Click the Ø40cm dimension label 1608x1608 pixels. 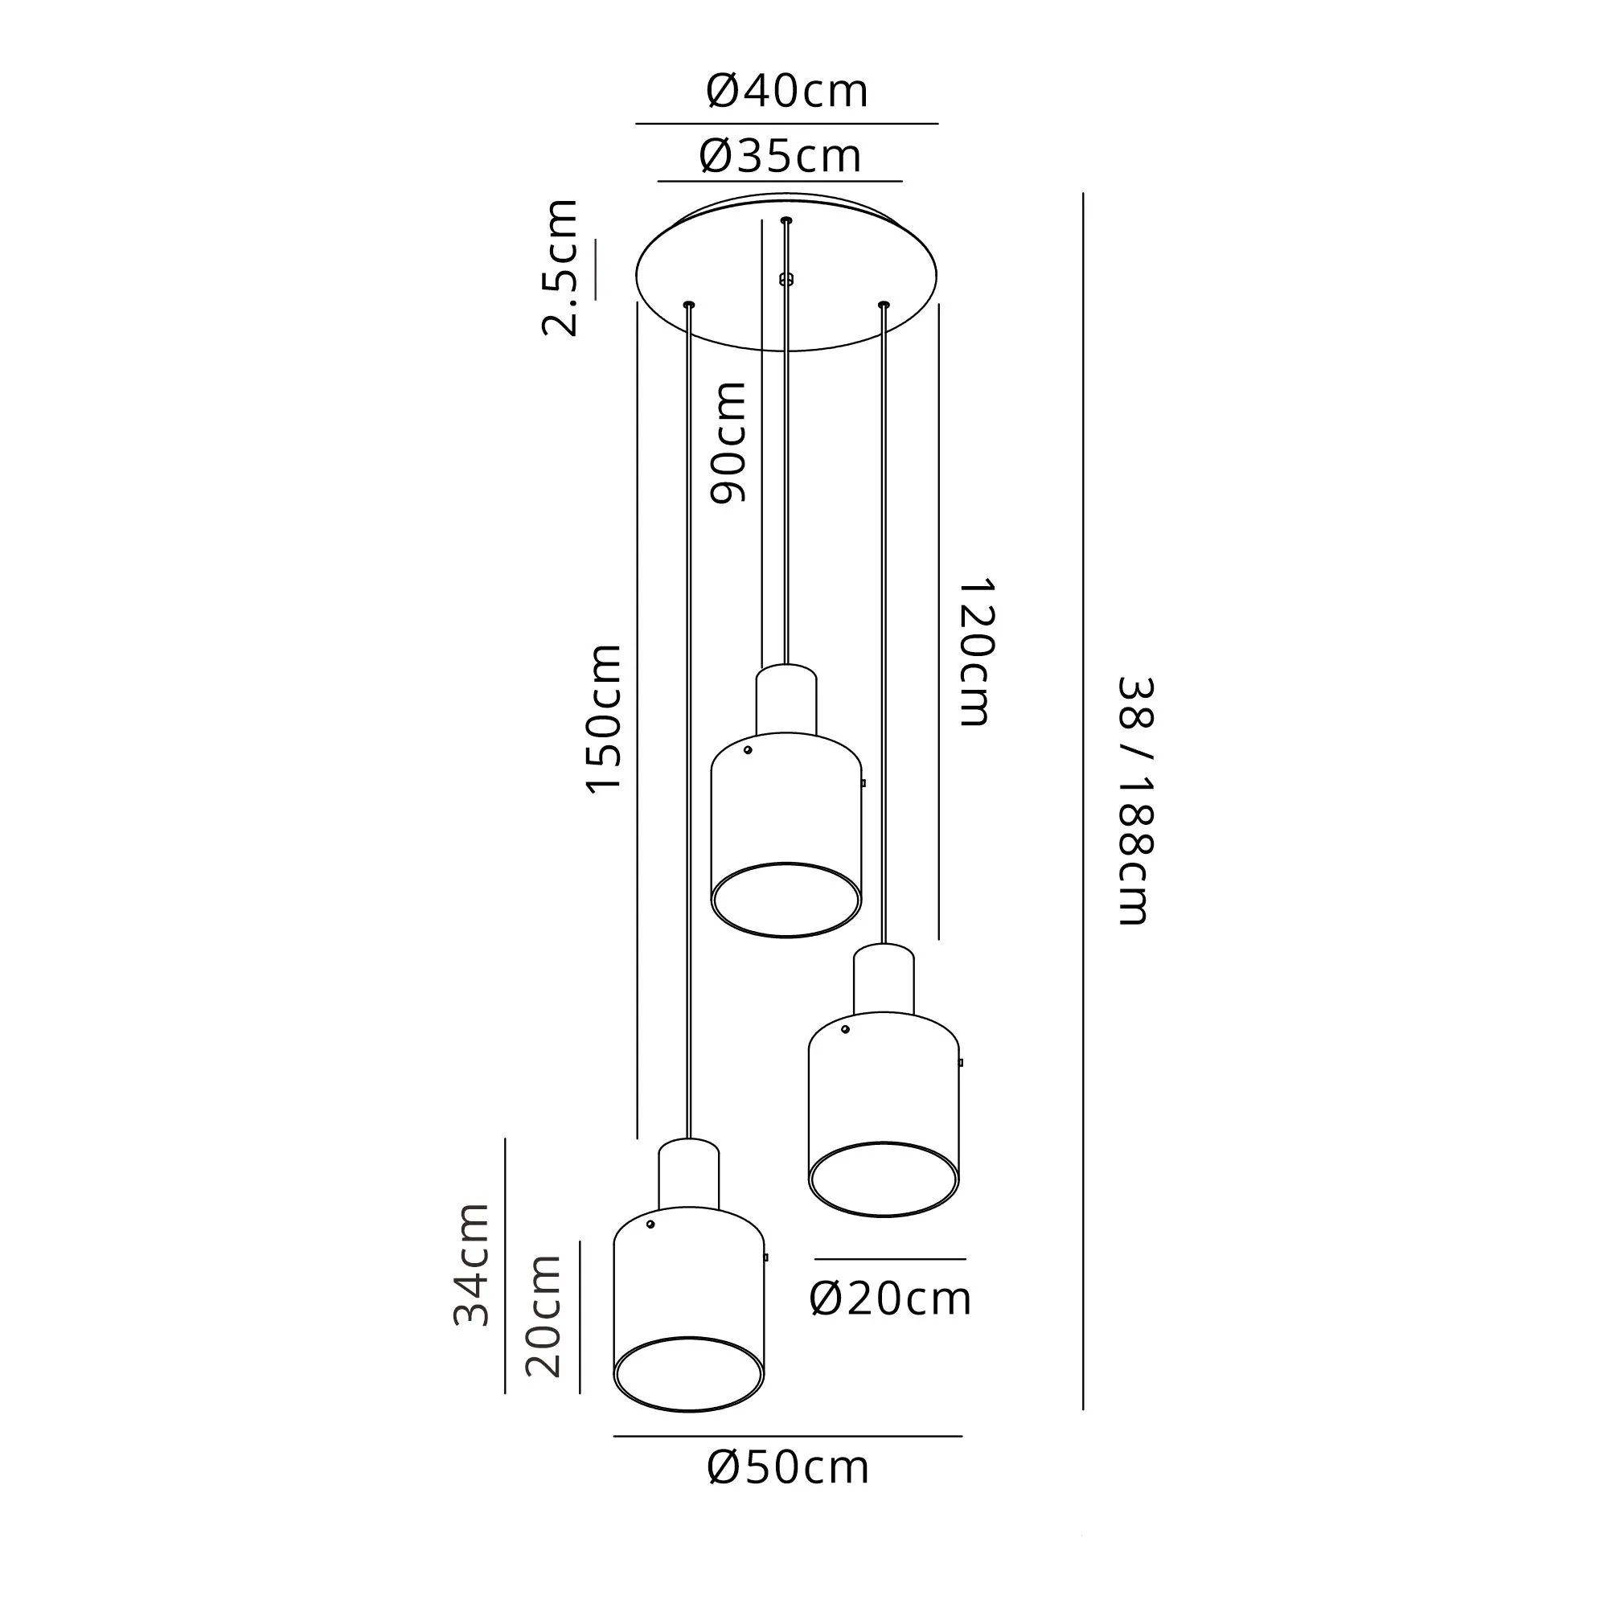point(786,91)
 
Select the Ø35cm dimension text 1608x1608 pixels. point(781,156)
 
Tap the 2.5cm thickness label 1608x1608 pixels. point(560,267)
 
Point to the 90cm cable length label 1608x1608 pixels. point(728,442)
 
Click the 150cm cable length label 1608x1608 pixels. point(604,718)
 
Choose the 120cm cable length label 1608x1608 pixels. point(974,653)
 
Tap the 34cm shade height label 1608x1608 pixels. point(471,1263)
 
